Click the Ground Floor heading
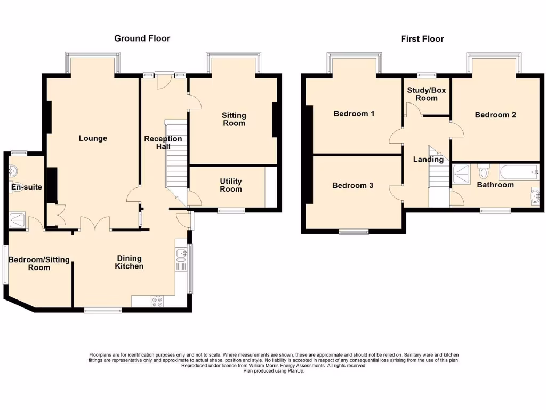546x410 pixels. pos(142,38)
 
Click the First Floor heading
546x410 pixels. pos(422,38)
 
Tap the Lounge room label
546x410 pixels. pos(93,138)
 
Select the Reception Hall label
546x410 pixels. pos(163,143)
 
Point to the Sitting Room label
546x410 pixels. pos(234,119)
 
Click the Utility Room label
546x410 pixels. pos(231,185)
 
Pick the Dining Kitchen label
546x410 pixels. pos(130,262)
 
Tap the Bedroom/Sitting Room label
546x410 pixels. pos(39,263)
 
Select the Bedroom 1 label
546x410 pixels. pos(354,113)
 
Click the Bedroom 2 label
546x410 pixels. pos(495,115)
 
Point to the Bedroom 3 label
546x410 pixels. pos(352,185)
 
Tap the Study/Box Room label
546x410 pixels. pos(426,94)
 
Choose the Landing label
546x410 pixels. pos(428,159)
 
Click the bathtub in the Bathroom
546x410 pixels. pos(518,172)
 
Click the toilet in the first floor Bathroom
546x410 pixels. pos(484,172)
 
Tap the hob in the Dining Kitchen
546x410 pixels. pos(158,302)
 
